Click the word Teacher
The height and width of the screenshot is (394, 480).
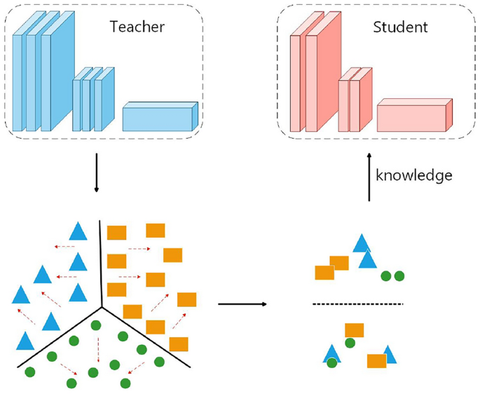coord(137,27)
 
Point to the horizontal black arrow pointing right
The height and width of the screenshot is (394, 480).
coord(242,304)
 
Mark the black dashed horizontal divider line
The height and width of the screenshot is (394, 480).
coord(357,304)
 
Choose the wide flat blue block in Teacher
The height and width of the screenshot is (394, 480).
coord(160,117)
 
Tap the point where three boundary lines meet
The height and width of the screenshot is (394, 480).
coord(102,306)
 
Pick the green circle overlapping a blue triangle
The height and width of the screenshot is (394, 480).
coord(331,362)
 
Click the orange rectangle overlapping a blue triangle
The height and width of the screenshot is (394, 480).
coord(377,360)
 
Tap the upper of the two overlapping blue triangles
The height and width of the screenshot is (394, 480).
coord(362,243)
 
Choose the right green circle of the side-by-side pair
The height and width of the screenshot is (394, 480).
coord(399,276)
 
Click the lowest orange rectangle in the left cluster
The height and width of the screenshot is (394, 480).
coord(179,344)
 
